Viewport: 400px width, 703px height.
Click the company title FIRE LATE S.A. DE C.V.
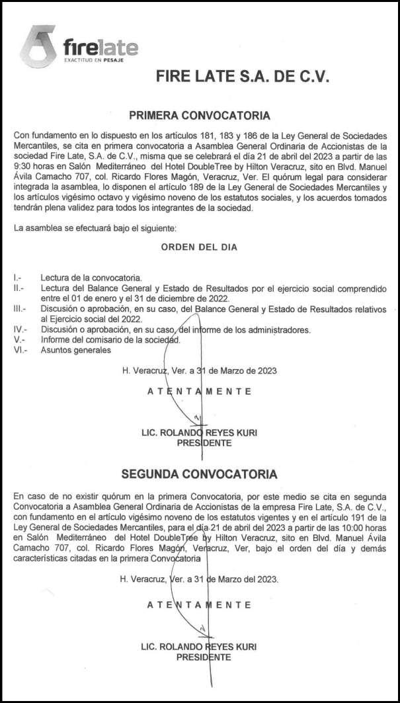pyautogui.click(x=242, y=76)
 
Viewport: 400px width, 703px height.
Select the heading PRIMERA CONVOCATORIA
pyautogui.click(x=199, y=116)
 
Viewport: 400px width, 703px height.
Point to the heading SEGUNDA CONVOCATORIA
pyautogui.click(x=199, y=474)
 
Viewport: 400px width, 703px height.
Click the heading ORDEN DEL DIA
pyautogui.click(x=199, y=247)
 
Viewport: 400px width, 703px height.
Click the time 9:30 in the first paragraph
pyautogui.click(x=24, y=157)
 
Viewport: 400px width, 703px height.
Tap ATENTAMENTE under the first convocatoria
pyautogui.click(x=199, y=392)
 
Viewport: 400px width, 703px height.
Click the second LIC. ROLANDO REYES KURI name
pyautogui.click(x=199, y=646)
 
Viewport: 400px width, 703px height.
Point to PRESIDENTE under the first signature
pyautogui.click(x=204, y=443)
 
